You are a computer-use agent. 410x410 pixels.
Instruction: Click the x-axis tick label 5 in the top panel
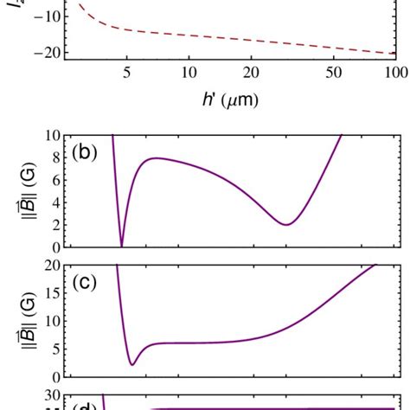click(x=127, y=74)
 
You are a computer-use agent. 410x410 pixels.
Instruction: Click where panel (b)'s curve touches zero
click(x=122, y=246)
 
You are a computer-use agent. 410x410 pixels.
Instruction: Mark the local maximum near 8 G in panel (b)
click(x=156, y=158)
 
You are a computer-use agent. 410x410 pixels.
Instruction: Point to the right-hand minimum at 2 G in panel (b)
click(x=286, y=225)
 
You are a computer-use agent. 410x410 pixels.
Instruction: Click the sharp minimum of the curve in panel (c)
click(x=131, y=364)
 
